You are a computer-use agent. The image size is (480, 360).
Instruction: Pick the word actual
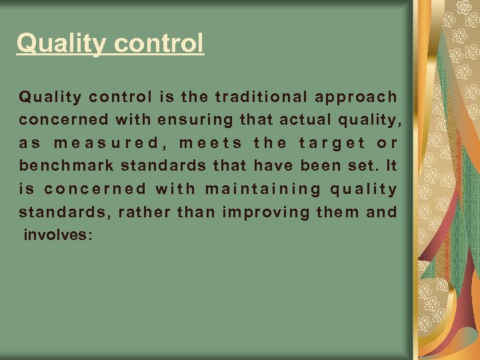[x=298, y=120]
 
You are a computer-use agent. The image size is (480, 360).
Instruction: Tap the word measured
[x=106, y=143]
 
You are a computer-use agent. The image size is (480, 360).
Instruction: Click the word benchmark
[x=67, y=166]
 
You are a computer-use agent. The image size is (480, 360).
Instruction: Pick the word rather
[x=146, y=213]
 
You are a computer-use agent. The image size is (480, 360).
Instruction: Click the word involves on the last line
[x=55, y=235]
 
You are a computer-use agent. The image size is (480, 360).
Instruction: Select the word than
[x=197, y=213]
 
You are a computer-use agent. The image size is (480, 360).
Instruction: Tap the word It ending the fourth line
[x=391, y=166]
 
